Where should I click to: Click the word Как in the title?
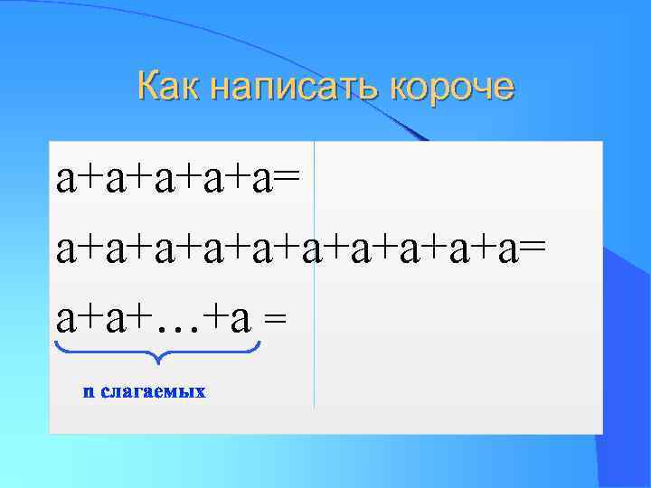[169, 87]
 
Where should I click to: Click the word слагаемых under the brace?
[154, 391]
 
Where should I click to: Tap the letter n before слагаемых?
[89, 392]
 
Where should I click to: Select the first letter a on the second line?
[66, 246]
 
